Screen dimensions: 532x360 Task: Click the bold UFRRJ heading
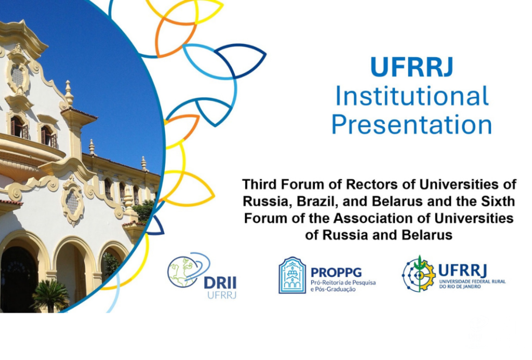(x=412, y=67)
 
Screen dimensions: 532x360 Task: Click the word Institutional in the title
(x=412, y=96)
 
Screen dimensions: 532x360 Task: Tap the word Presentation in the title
(x=412, y=125)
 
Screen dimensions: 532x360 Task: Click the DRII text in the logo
(x=220, y=283)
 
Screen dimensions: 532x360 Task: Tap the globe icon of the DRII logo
(x=182, y=272)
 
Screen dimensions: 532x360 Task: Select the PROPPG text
(x=336, y=272)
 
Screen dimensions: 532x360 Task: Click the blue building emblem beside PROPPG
(x=292, y=275)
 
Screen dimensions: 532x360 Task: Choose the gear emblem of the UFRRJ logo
(x=419, y=274)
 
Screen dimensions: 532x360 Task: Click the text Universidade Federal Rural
(x=472, y=282)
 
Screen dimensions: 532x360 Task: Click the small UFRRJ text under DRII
(x=222, y=295)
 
